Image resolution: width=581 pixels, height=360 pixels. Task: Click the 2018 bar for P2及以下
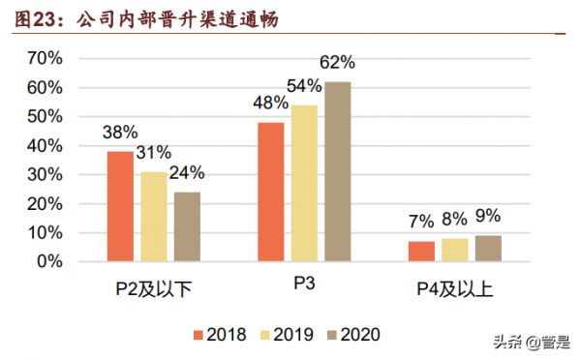coord(120,206)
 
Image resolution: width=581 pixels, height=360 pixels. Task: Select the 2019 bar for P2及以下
coord(154,217)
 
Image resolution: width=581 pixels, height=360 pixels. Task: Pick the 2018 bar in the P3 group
coord(271,192)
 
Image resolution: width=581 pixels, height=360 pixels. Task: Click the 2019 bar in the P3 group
coord(304,183)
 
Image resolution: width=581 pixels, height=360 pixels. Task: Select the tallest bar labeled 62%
coord(337,171)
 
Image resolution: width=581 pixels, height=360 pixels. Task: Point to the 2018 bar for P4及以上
coord(421,252)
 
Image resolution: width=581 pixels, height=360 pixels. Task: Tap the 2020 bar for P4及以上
coord(488,249)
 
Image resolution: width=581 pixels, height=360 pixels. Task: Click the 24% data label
coord(186,174)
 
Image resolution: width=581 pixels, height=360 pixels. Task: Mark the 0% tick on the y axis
coord(48,261)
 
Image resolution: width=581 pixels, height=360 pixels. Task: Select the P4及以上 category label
coord(455,287)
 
